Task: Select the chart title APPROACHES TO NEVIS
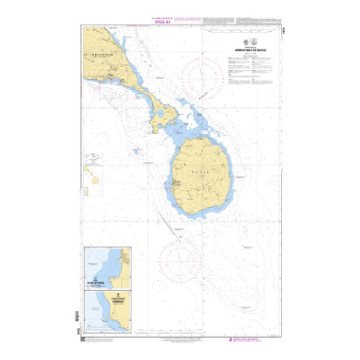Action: point(240,49)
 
